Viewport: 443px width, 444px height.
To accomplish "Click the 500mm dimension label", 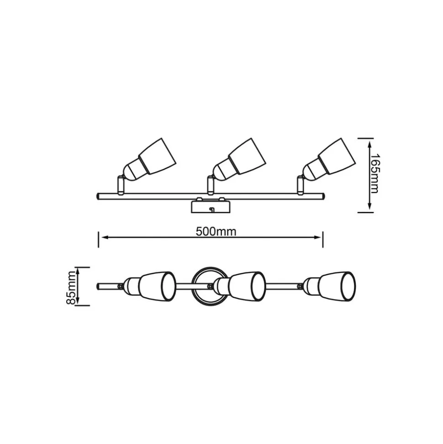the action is tap(216, 232).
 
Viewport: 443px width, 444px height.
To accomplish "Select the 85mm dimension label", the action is tap(71, 288).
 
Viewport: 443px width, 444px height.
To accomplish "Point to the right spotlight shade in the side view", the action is tap(337, 156).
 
